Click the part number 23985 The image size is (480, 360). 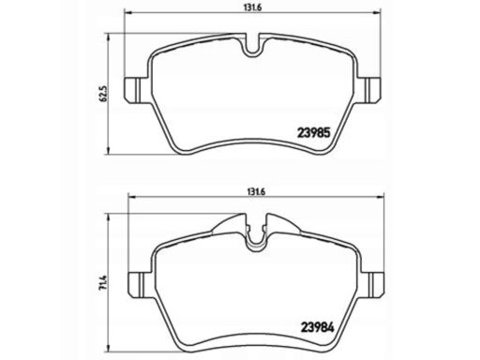click(313, 133)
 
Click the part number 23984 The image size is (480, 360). click(317, 327)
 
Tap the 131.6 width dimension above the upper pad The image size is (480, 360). click(252, 8)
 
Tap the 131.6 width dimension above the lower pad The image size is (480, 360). click(256, 192)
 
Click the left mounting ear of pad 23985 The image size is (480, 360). click(137, 90)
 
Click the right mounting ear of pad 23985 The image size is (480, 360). click(368, 90)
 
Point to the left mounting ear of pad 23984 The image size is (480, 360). click(142, 284)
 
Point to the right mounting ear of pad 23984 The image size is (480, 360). click(372, 284)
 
